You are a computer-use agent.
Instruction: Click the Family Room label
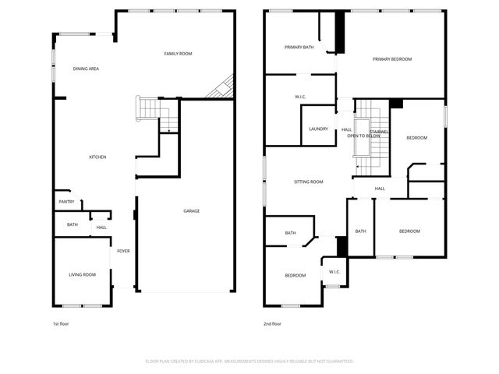coord(178,54)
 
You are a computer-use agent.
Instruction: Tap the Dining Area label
coord(86,69)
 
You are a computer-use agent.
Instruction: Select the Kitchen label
coord(97,157)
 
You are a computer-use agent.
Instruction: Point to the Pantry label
coord(66,202)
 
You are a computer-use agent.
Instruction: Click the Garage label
coord(191,211)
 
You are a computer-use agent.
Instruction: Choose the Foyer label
coord(123,251)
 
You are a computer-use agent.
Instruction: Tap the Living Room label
coord(82,274)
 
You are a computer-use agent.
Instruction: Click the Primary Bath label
coord(299,48)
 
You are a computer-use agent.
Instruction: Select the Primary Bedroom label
coord(391,59)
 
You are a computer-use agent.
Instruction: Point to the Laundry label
coord(318,129)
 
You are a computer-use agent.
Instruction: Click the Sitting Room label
coord(308,182)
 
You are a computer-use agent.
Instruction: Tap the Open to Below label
coord(363,136)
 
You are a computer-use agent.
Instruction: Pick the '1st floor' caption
coord(61,323)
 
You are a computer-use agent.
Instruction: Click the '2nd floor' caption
coord(272,323)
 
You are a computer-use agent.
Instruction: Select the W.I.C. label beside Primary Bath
coord(299,97)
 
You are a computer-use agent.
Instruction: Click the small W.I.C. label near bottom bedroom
coord(334,272)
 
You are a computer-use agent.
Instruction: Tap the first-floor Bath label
coord(73,225)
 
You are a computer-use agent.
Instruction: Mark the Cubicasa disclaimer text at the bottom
coord(249,362)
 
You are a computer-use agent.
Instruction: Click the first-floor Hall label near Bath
coord(101,228)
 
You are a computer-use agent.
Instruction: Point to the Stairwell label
coord(380,132)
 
